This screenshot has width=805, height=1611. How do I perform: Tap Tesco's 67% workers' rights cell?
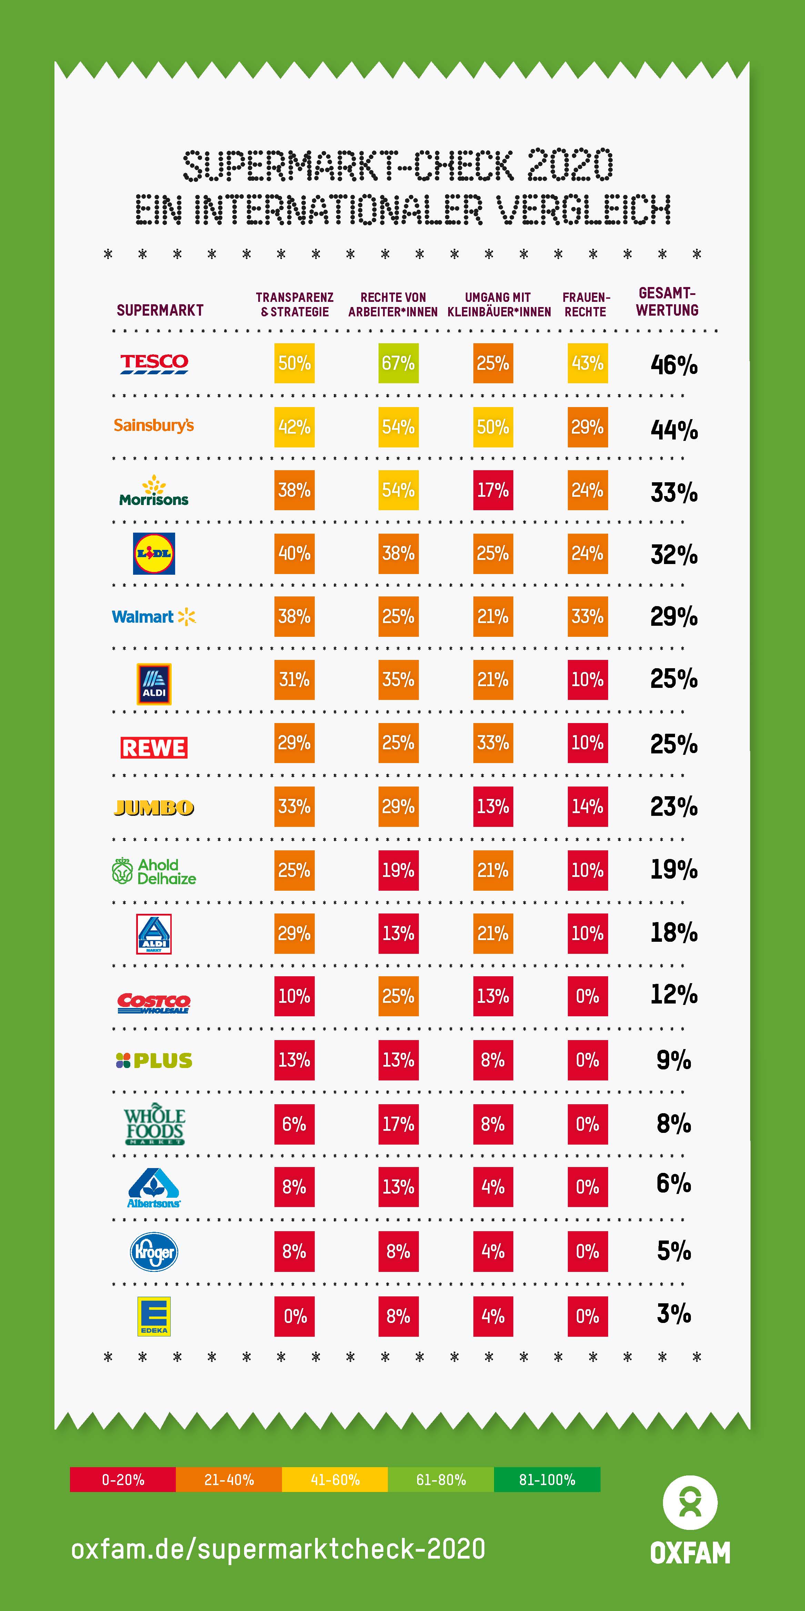pos(398,363)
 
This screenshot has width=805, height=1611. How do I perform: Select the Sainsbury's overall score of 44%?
pos(674,429)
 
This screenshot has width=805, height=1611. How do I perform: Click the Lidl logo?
pos(154,553)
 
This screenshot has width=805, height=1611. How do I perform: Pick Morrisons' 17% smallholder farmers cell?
pos(493,490)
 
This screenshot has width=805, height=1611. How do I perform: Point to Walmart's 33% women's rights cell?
pos(587,617)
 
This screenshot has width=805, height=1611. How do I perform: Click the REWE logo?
pos(154,747)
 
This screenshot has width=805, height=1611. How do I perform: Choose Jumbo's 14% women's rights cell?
pos(587,807)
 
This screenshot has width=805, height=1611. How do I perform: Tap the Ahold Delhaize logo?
pos(154,871)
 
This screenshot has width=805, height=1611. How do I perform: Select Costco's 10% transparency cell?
pos(294,996)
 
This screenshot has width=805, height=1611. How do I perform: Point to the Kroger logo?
pos(154,1252)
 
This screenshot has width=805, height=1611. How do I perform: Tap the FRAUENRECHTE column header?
pos(586,305)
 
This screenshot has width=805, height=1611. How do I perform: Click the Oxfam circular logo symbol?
pos(690,1503)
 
